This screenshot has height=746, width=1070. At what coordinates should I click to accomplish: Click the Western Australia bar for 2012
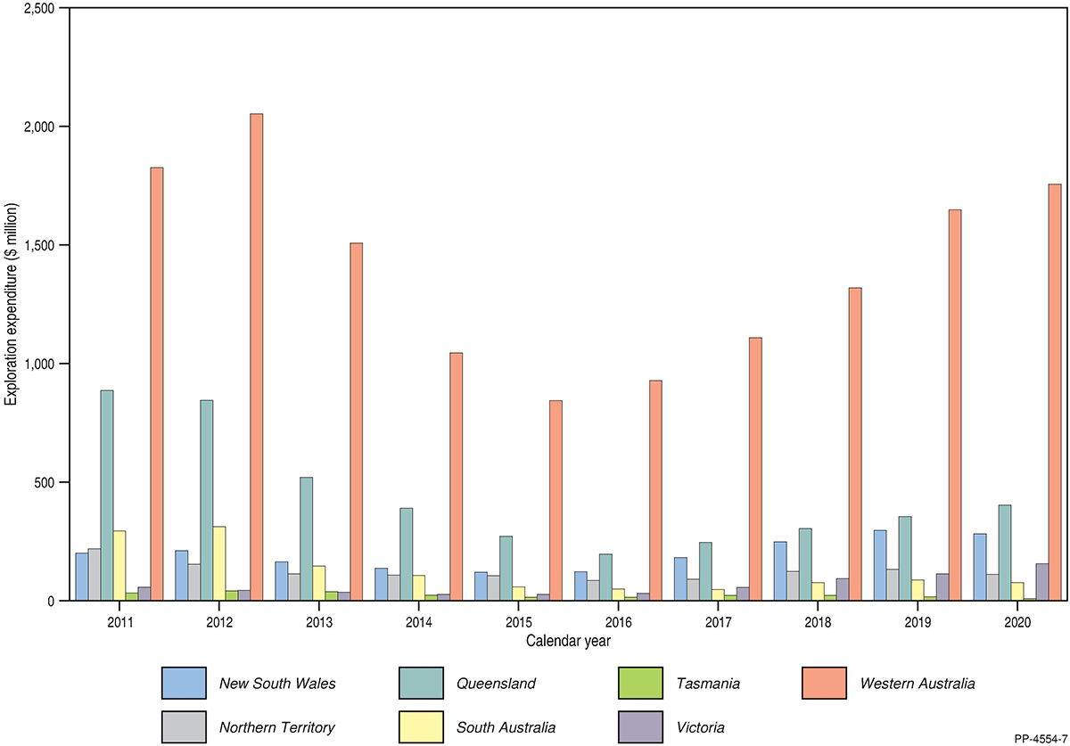click(x=257, y=357)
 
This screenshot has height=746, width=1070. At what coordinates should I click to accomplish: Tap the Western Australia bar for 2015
click(x=556, y=500)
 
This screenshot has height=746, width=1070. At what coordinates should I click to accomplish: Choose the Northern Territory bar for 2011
click(x=95, y=574)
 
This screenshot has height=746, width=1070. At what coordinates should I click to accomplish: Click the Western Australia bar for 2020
click(x=1055, y=392)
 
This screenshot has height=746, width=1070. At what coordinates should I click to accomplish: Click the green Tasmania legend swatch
click(x=640, y=684)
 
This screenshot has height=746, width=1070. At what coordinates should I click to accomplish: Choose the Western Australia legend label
click(x=918, y=684)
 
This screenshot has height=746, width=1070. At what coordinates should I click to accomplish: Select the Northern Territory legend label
click(x=276, y=727)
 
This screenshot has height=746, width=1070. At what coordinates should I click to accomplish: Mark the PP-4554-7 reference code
click(x=1040, y=738)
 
